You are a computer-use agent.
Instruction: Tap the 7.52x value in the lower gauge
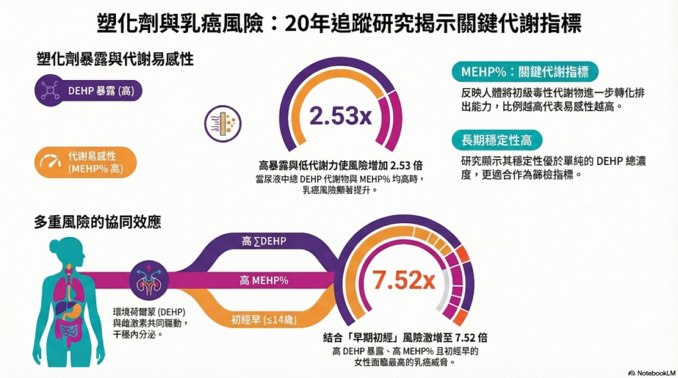point(403,281)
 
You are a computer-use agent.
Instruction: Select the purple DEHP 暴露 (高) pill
point(87,91)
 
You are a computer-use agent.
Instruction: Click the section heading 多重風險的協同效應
point(97,222)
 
